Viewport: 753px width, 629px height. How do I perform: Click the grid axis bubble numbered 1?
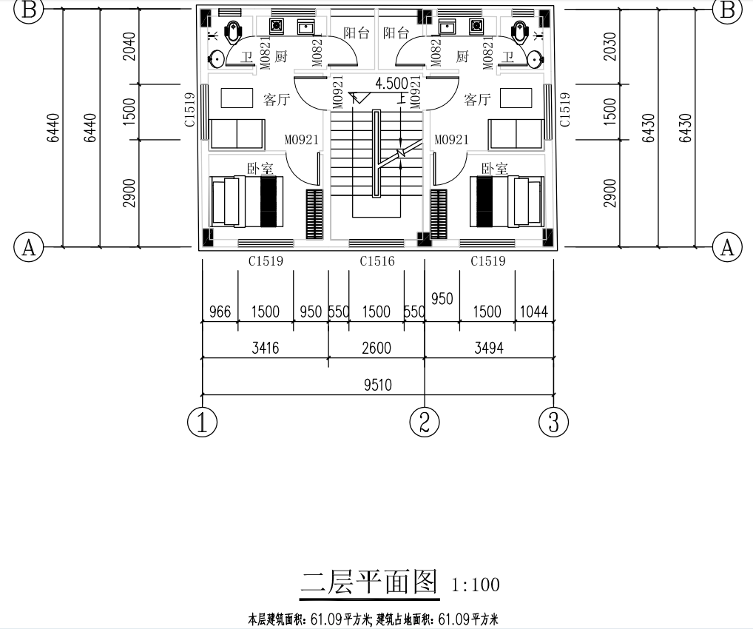tap(202, 423)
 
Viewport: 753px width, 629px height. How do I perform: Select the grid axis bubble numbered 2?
tap(425, 423)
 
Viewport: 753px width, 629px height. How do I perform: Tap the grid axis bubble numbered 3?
tap(553, 423)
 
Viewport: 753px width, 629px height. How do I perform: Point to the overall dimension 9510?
tap(376, 385)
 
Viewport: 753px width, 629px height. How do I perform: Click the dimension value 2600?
tap(376, 348)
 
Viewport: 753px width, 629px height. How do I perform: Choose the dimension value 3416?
tap(265, 348)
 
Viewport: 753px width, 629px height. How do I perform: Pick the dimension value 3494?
tap(488, 348)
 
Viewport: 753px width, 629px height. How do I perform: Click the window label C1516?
tap(377, 261)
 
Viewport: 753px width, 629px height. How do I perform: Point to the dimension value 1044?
tap(533, 312)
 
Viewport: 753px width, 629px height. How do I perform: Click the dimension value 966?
tap(219, 312)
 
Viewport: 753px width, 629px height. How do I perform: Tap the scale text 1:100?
tap(475, 585)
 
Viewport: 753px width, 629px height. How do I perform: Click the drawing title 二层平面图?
tap(369, 582)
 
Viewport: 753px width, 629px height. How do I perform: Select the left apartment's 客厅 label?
tap(275, 98)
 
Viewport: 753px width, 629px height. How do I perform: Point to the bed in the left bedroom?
tap(245, 201)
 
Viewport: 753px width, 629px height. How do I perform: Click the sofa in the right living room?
tap(516, 134)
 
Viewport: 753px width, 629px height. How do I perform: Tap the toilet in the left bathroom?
tap(234, 33)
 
